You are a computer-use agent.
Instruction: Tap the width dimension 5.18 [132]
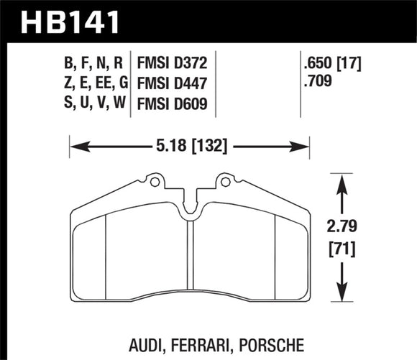click(190, 148)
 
